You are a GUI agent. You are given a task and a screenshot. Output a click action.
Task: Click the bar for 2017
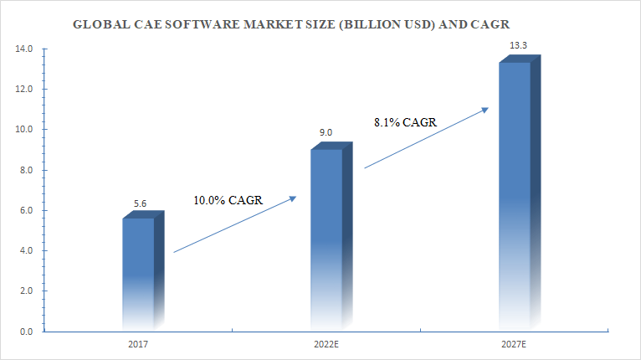coord(139,272)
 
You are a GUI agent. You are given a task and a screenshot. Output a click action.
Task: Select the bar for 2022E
coord(326,239)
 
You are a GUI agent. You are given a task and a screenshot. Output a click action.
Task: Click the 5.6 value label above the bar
coord(141,203)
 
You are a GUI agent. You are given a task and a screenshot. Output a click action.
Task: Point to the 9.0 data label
coord(326,132)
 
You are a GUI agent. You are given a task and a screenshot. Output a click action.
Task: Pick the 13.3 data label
coord(516,45)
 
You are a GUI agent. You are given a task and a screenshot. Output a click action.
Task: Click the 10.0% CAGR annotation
coord(228,200)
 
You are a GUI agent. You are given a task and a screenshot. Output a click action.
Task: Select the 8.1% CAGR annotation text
coord(406,122)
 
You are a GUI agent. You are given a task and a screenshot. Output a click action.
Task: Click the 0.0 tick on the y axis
coord(26,332)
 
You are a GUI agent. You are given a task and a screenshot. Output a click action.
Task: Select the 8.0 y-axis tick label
coord(26,171)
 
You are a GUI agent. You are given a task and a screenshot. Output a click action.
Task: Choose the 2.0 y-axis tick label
coord(26,292)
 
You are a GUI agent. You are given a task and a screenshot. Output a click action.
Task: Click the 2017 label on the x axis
coord(138,344)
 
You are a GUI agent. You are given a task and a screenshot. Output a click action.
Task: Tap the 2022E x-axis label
coord(326,344)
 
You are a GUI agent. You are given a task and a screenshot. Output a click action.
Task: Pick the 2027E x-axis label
coord(514,344)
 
